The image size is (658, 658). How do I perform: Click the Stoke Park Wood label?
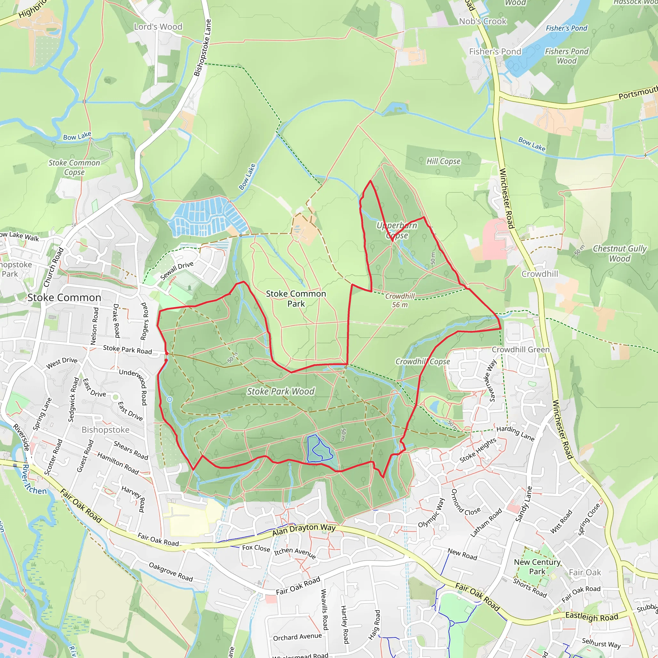[x=280, y=391]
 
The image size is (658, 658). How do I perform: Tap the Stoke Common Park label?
[x=296, y=298]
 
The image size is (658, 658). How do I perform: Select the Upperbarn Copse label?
[x=397, y=230]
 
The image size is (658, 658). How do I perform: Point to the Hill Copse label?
[x=443, y=161]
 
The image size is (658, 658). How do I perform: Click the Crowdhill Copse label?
[x=422, y=361]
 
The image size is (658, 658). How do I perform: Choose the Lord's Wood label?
[x=158, y=27]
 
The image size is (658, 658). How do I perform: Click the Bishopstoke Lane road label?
[x=203, y=48]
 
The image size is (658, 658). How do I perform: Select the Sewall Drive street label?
[x=177, y=271]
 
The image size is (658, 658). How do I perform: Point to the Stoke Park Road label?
[x=127, y=350]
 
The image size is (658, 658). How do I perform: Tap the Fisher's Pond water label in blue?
[x=566, y=28]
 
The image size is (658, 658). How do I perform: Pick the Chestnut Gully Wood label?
[x=619, y=253]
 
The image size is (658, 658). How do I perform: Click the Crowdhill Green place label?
[x=520, y=350]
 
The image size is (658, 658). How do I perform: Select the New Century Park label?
[x=537, y=567]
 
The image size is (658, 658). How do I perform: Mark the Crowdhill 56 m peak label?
[x=400, y=300]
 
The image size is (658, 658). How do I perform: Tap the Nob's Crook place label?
[x=483, y=21]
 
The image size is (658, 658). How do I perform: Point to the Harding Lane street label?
[x=515, y=433]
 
